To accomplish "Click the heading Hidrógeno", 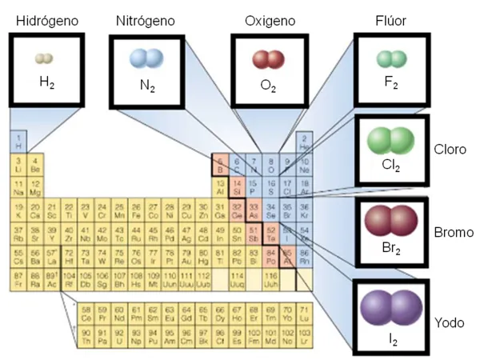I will [x=47, y=20].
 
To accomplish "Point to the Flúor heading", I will [x=392, y=20].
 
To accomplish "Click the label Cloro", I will [x=450, y=150].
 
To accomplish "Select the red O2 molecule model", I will [x=268, y=59].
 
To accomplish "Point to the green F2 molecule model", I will [x=392, y=58].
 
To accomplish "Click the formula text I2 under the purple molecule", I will [x=391, y=340].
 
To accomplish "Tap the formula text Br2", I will [x=391, y=250].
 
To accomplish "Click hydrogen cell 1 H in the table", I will [x=18, y=143].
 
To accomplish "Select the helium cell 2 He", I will [x=304, y=143].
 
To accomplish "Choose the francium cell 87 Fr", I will [x=18, y=278].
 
